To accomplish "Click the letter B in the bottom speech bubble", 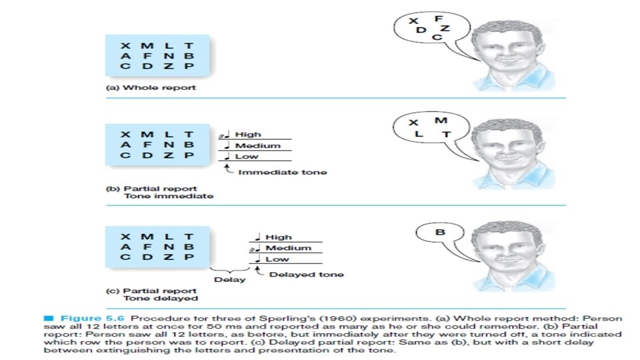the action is (440, 233).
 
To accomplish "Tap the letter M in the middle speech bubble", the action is (440, 120).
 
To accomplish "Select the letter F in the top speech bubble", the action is (438, 18).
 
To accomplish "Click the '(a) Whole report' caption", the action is (142, 87).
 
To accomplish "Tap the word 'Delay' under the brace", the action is (229, 279).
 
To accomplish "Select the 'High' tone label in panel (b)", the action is (248, 135).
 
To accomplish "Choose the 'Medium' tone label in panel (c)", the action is (288, 248).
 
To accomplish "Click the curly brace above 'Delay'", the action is (229, 269).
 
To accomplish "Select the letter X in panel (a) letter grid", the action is (125, 46).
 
